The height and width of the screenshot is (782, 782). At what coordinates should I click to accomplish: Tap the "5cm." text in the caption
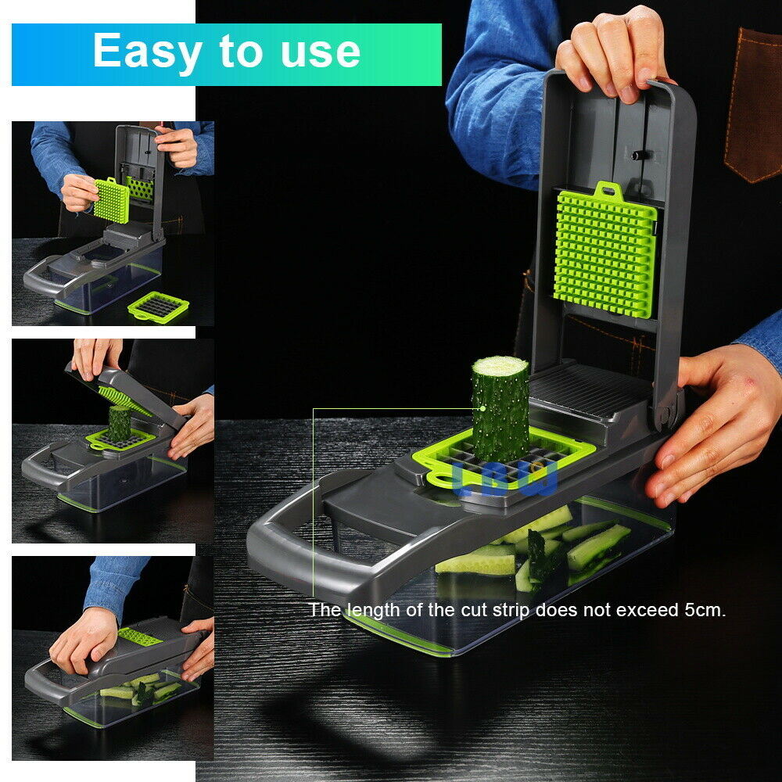coord(701,610)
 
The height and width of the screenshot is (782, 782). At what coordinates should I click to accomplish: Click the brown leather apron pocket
coord(753,102)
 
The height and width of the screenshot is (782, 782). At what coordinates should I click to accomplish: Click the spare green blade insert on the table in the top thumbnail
coord(159,307)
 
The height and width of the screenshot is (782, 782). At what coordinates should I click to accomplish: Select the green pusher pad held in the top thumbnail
coord(112,199)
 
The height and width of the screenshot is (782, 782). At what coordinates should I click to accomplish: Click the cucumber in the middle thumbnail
coord(120,423)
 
